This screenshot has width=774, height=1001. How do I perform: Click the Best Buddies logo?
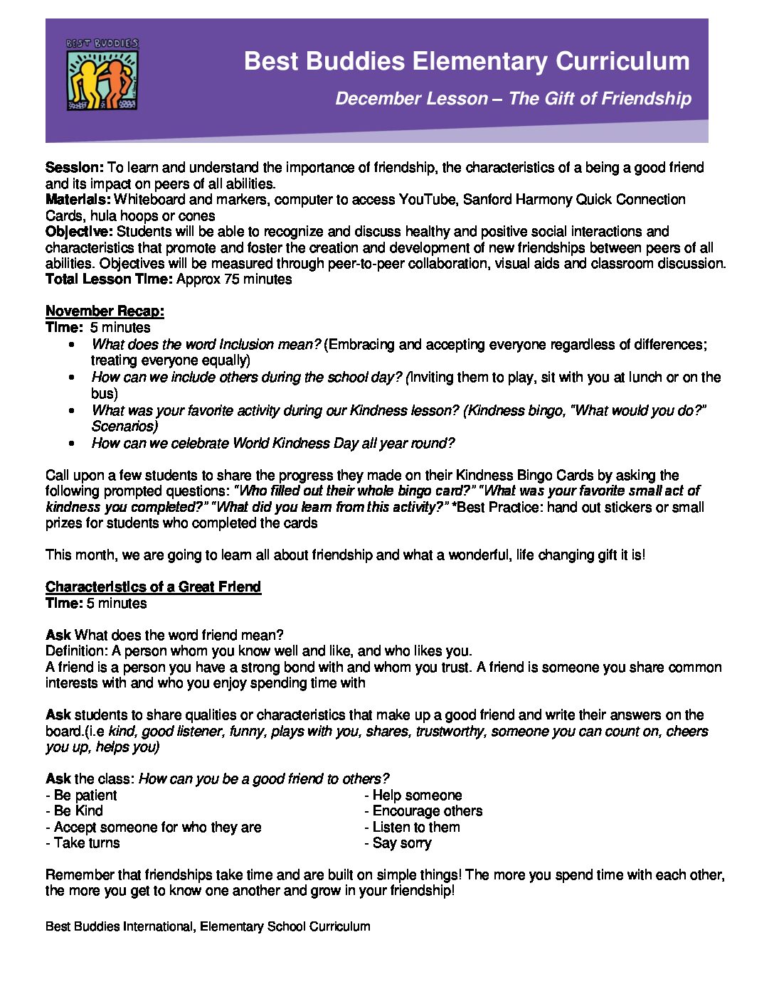[x=102, y=75]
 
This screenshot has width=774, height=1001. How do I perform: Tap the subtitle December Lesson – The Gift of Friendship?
[x=513, y=99]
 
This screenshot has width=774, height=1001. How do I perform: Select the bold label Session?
[x=75, y=168]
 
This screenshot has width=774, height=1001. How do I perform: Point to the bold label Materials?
[x=78, y=200]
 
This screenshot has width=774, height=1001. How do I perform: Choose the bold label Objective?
[x=79, y=232]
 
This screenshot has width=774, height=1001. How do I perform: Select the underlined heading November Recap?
[x=105, y=311]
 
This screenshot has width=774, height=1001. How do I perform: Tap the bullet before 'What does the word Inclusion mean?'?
[x=72, y=345]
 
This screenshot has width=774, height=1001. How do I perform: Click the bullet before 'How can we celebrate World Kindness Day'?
[x=72, y=444]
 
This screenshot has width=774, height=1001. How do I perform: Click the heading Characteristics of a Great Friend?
[x=153, y=587]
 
